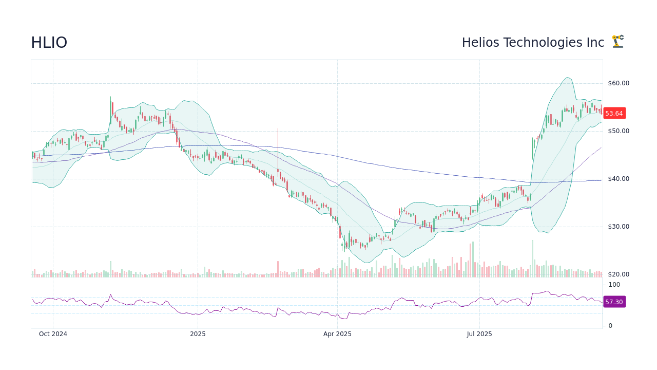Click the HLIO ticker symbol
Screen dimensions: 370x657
click(49, 43)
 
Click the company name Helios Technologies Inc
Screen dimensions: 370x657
click(533, 43)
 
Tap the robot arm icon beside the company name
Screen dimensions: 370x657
click(617, 42)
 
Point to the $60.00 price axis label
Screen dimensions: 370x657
click(618, 83)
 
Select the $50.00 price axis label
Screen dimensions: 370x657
click(618, 131)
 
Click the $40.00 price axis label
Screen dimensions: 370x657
click(618, 179)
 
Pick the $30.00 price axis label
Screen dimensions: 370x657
click(618, 227)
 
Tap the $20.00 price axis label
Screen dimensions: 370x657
click(618, 274)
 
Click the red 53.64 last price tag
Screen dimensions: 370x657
click(614, 114)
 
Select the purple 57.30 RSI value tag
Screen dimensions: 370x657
click(614, 302)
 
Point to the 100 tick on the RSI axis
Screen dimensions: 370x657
click(614, 285)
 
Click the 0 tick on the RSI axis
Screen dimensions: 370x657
click(610, 325)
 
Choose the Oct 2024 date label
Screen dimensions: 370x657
click(53, 334)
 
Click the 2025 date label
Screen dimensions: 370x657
click(198, 334)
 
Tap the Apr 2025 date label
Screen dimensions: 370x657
click(337, 334)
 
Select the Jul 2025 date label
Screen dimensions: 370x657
click(479, 334)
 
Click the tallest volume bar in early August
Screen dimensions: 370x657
click(532, 258)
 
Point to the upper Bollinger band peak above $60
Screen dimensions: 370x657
click(567, 78)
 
